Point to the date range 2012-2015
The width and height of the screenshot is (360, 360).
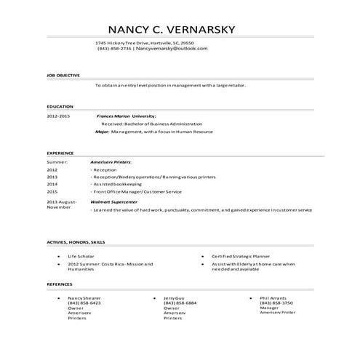point(58,116)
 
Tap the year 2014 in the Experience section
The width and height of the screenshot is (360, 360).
point(52,185)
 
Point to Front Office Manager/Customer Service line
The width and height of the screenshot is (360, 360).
point(137,193)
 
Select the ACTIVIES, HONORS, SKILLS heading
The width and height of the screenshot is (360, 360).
point(76,241)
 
